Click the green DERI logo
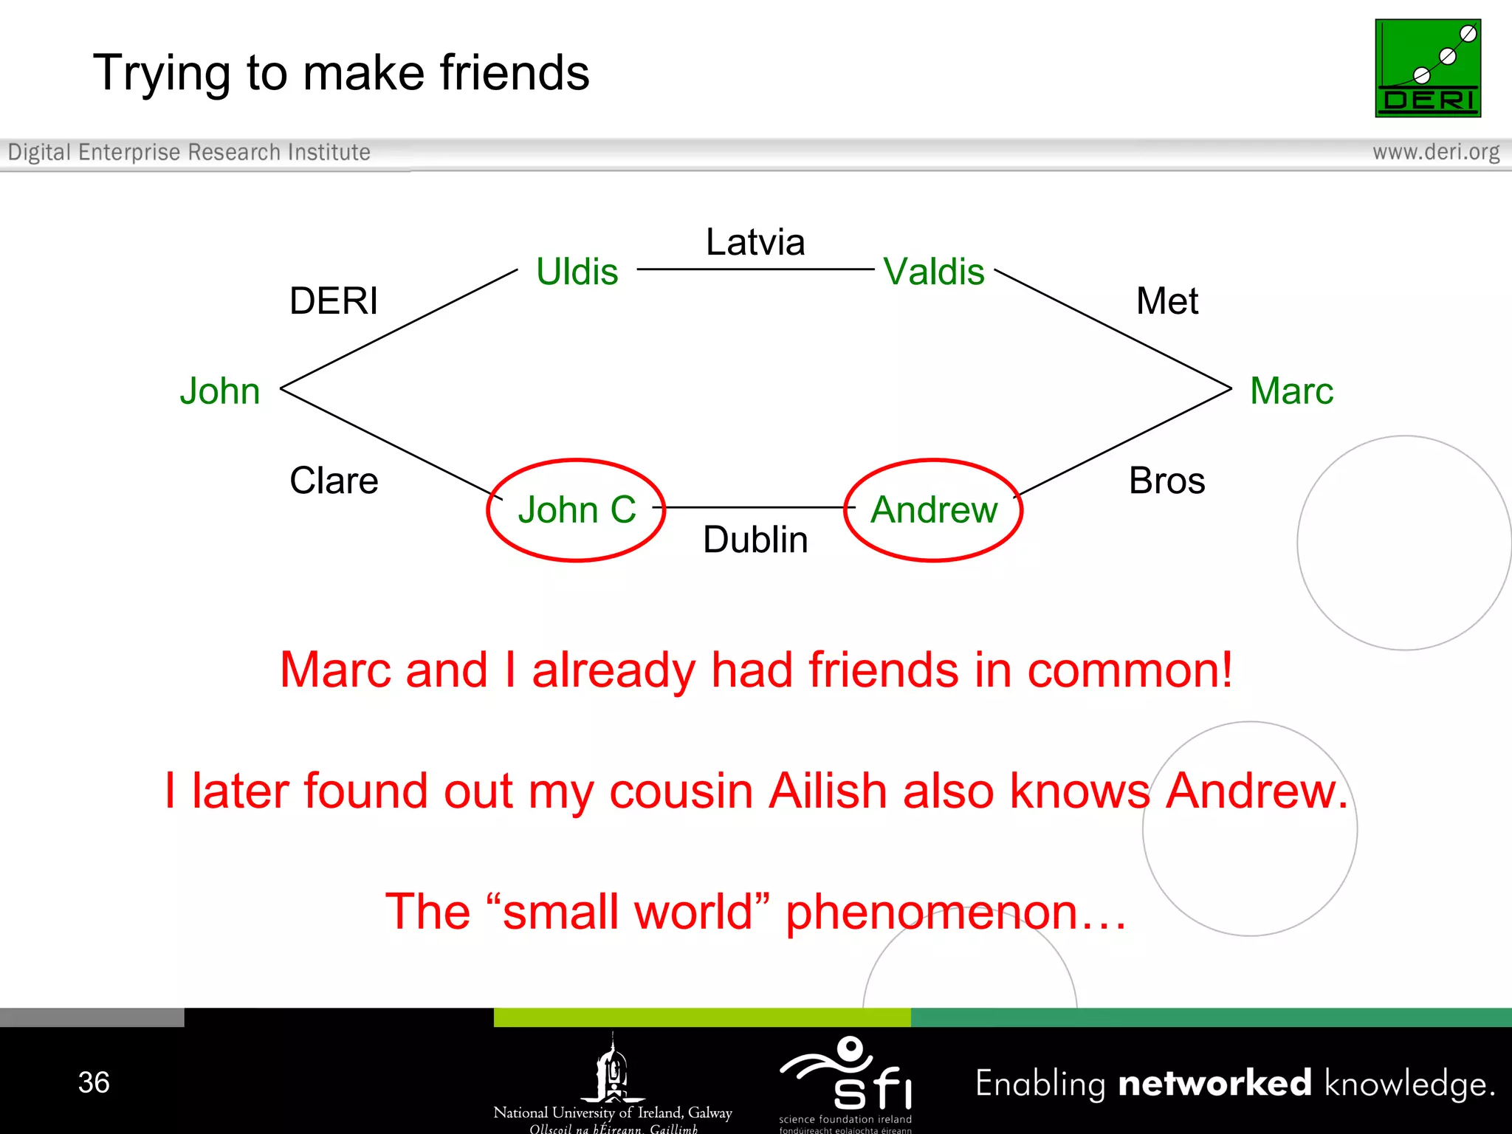pos(1427,68)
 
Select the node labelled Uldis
pos(577,272)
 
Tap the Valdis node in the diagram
pos(934,272)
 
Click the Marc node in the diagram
pos(1291,391)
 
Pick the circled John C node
pos(577,510)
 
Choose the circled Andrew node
pos(934,510)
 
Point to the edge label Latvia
pos(755,242)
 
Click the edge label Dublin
pos(755,540)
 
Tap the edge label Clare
pos(334,481)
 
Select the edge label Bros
pos(1166,481)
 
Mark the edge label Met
pos(1166,301)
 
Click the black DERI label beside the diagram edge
pos(334,301)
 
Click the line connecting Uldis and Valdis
pos(755,269)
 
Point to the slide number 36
pos(94,1082)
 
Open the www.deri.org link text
pos(1436,152)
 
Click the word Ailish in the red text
pos(828,791)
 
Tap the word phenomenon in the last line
pos(930,913)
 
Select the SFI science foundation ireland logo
pos(846,1082)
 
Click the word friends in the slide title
pos(515,73)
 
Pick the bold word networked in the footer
pos(1214,1083)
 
